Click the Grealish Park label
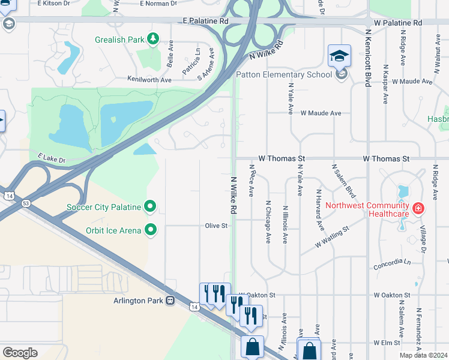[x=119, y=40]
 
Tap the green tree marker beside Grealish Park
[x=153, y=40]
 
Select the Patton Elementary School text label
[x=284, y=74]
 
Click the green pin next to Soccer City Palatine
[x=151, y=208]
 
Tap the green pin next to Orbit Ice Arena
[x=151, y=230]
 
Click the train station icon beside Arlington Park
[x=170, y=300]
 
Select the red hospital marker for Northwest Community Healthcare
[x=418, y=209]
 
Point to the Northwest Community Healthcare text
[x=367, y=209]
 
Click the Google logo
[x=20, y=353]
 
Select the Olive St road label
[x=216, y=226]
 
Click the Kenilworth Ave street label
[x=149, y=79]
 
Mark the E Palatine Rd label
[x=207, y=21]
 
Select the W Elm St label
[x=387, y=343]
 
